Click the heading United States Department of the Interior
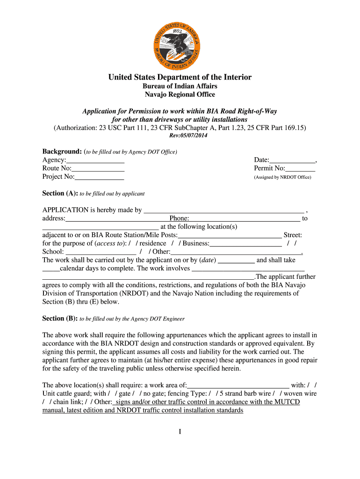[x=180, y=77]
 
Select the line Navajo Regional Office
[x=180, y=94]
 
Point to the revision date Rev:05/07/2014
[x=187, y=136]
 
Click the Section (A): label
[x=60, y=193]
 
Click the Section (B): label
[x=60, y=319]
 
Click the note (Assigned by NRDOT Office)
[x=282, y=177]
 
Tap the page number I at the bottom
[x=180, y=431]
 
